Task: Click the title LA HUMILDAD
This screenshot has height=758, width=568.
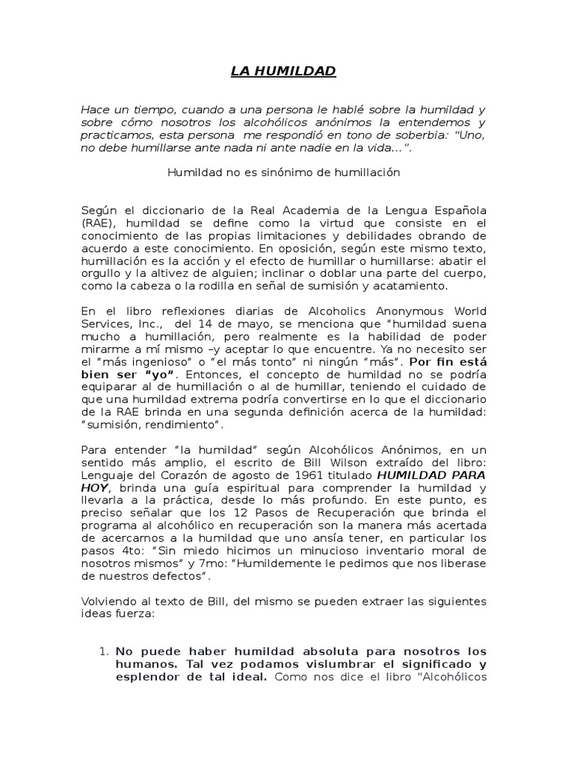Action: pyautogui.click(x=283, y=71)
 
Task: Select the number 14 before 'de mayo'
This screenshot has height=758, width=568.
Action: pyautogui.click(x=203, y=323)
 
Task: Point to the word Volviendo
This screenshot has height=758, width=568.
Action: pyautogui.click(x=108, y=600)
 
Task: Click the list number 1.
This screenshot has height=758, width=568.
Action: pyautogui.click(x=104, y=651)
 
